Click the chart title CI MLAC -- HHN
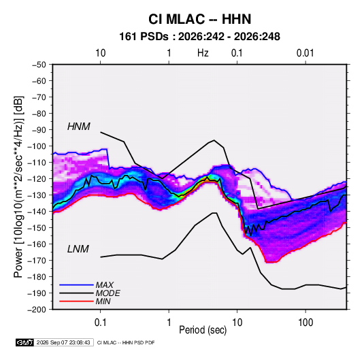click(x=199, y=19)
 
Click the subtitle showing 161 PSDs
click(x=199, y=37)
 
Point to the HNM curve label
click(x=79, y=127)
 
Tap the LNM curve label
click(x=78, y=249)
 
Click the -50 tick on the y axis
click(x=39, y=65)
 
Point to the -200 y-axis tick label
click(x=37, y=310)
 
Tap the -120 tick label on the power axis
click(x=37, y=179)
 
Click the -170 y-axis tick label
click(x=37, y=261)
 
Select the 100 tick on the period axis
click(x=305, y=323)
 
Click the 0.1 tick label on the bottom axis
click(x=100, y=323)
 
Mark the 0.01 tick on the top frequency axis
click(x=305, y=53)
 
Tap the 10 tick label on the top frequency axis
click(x=101, y=53)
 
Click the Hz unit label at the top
click(x=203, y=53)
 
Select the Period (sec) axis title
click(x=203, y=330)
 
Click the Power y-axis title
click(x=18, y=186)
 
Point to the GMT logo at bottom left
click(x=25, y=342)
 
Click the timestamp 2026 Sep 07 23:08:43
click(x=63, y=342)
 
